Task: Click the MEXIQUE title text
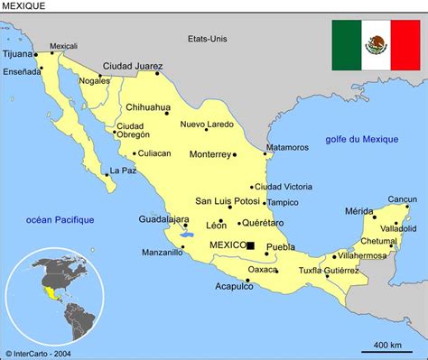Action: (24, 6)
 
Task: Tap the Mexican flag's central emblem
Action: (375, 44)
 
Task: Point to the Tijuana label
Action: (19, 54)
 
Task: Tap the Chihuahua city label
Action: (147, 106)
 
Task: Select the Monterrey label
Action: (209, 154)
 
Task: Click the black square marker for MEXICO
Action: (250, 245)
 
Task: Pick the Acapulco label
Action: (233, 287)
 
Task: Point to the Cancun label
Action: (403, 199)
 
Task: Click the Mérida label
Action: (358, 212)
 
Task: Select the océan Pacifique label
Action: (60, 219)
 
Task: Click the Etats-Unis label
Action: (208, 39)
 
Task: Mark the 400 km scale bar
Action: (387, 351)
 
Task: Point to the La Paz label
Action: (123, 171)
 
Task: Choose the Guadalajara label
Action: (163, 219)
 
